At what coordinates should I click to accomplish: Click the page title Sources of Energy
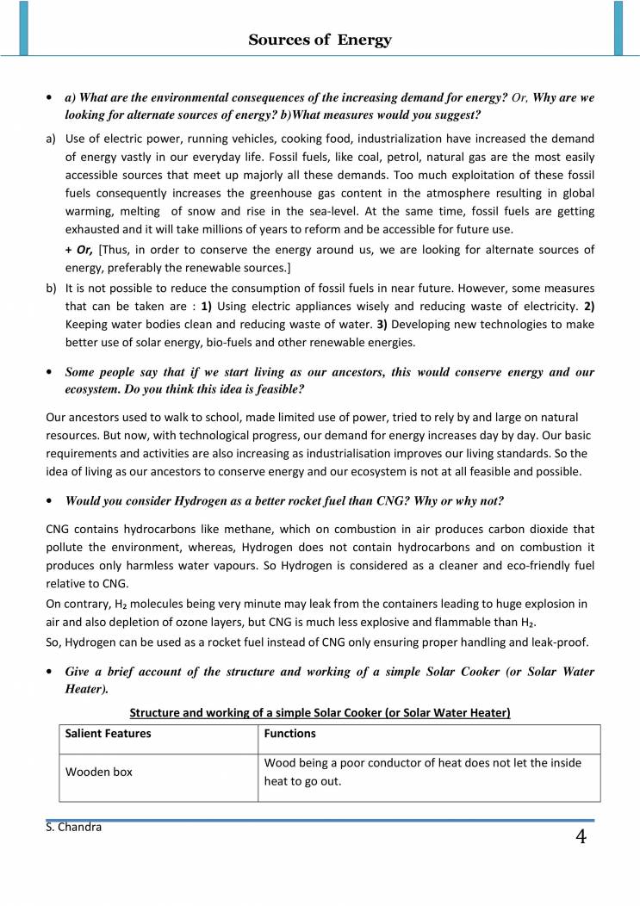(x=320, y=40)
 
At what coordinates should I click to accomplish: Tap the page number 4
(x=581, y=836)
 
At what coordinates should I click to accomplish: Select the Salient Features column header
(x=109, y=734)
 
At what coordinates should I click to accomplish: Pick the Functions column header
(x=289, y=734)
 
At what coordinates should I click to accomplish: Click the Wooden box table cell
(x=99, y=773)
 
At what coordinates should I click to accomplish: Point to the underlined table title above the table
(x=320, y=712)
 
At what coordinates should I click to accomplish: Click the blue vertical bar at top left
(x=23, y=28)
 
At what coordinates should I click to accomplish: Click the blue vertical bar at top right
(x=618, y=28)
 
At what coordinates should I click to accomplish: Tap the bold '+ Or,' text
(x=80, y=249)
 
